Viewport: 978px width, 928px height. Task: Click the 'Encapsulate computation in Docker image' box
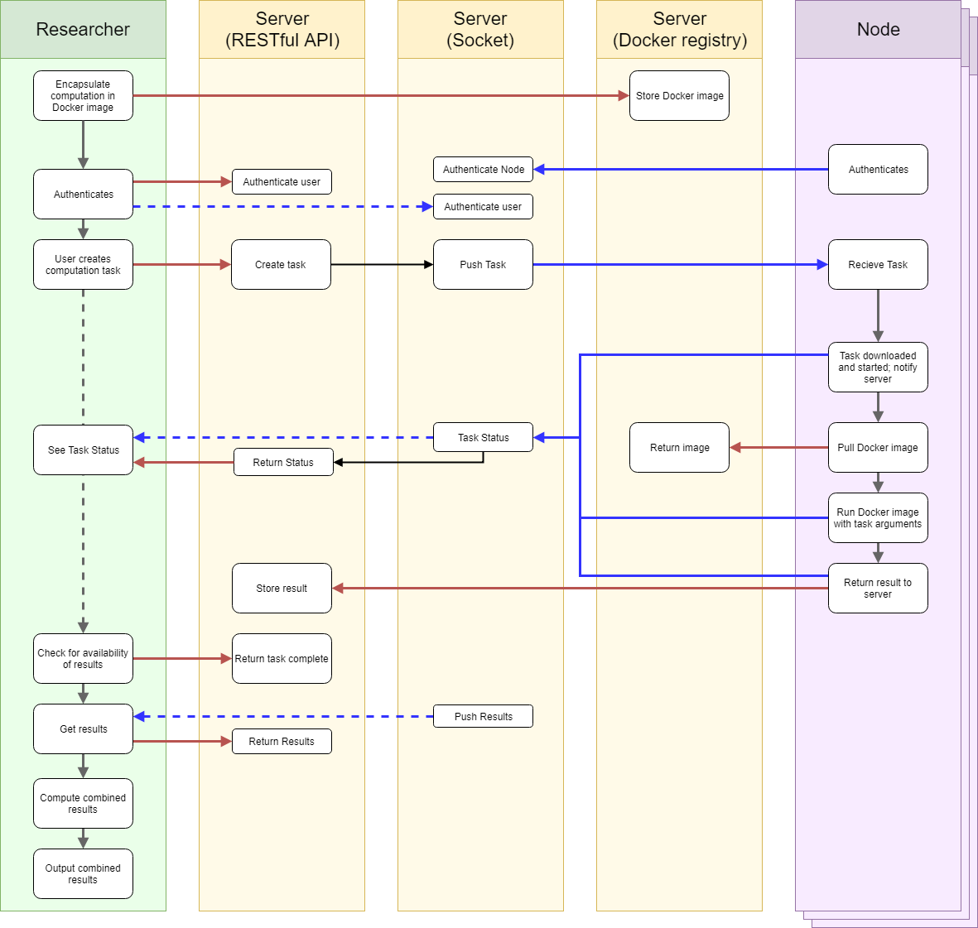(x=83, y=96)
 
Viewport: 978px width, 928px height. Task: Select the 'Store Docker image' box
(x=679, y=96)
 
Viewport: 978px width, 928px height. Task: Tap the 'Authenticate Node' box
(x=483, y=170)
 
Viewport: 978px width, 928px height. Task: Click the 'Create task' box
(x=281, y=265)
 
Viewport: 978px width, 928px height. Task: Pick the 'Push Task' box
(x=483, y=265)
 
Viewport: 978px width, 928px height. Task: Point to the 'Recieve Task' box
(x=878, y=265)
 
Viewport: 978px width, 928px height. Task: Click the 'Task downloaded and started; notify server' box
(x=878, y=368)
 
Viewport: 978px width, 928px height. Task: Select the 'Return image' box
(x=679, y=448)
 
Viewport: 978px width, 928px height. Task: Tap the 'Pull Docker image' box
(x=878, y=448)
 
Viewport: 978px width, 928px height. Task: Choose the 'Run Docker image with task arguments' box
(x=878, y=518)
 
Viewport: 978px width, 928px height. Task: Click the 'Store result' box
(x=282, y=589)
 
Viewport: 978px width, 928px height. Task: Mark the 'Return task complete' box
(x=282, y=659)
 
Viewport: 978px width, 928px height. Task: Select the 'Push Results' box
(x=483, y=717)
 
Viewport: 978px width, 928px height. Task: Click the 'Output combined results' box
(x=83, y=874)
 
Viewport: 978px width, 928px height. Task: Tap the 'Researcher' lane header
(x=83, y=30)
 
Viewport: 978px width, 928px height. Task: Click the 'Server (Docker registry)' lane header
(x=679, y=30)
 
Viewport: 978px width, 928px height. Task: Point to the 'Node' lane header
(x=878, y=30)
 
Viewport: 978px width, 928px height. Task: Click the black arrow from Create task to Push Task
(x=381, y=265)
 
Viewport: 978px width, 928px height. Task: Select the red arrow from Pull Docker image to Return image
(x=778, y=448)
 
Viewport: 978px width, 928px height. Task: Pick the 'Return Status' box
(x=283, y=463)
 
